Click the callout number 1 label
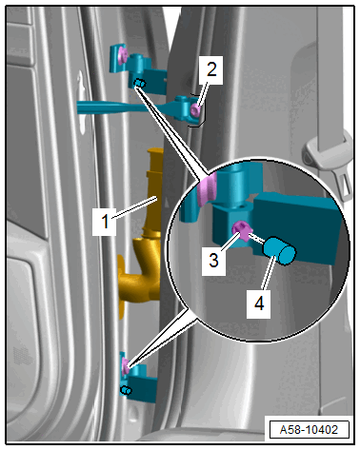pyautogui.click(x=105, y=221)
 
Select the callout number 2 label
pyautogui.click(x=210, y=69)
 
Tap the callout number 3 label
pyautogui.click(x=214, y=260)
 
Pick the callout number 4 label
pyautogui.click(x=259, y=303)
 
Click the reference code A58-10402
pyautogui.click(x=309, y=430)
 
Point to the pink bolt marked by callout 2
pyautogui.click(x=196, y=110)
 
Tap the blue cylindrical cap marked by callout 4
pyautogui.click(x=280, y=250)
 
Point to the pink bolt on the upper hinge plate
pyautogui.click(x=123, y=55)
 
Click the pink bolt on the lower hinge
pyautogui.click(x=126, y=365)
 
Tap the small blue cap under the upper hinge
pyautogui.click(x=140, y=83)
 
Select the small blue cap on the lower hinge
pyautogui.click(x=126, y=390)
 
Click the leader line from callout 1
pyautogui.click(x=135, y=207)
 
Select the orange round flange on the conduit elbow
pyautogui.click(x=121, y=286)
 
